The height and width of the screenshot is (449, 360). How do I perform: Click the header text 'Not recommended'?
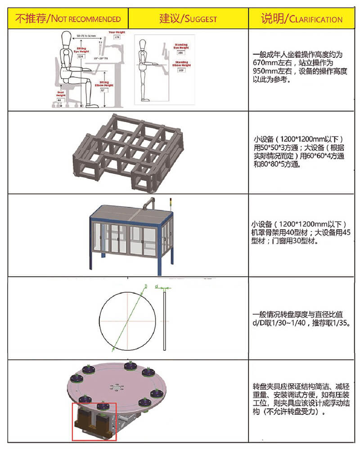(68, 18)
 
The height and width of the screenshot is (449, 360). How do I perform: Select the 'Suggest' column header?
(188, 18)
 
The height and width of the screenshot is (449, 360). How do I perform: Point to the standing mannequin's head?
(143, 45)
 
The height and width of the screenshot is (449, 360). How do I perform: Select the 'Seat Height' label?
(61, 94)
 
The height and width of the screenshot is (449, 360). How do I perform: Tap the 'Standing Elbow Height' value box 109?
(182, 71)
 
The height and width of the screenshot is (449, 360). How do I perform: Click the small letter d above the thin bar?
(156, 286)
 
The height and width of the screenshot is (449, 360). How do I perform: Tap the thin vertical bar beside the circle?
(165, 320)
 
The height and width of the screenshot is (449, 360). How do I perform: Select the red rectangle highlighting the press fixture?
(94, 421)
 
